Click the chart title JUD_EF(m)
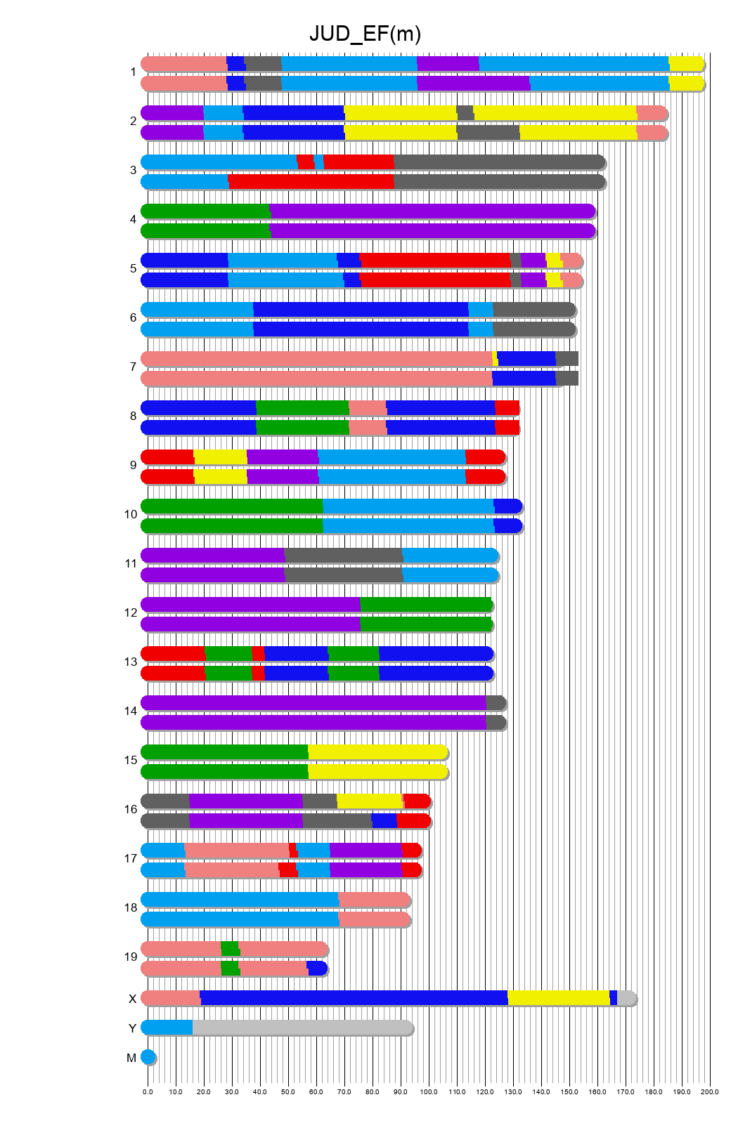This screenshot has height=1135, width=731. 365,34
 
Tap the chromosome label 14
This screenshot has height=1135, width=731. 131,711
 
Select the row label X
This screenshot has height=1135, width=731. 132,999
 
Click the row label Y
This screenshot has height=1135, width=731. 132,1029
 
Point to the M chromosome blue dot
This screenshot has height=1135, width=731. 148,1057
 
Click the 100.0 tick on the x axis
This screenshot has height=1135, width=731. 429,1092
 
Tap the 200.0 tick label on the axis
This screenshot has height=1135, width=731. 709,1092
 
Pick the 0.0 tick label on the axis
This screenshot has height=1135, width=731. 148,1092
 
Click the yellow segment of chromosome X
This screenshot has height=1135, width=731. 558,998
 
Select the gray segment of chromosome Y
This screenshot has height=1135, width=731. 302,1028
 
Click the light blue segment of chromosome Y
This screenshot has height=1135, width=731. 167,1028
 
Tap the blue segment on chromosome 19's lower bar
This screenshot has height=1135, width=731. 317,969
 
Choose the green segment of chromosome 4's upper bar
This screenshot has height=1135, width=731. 205,211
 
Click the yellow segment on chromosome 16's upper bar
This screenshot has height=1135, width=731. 369,801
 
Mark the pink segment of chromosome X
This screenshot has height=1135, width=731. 171,998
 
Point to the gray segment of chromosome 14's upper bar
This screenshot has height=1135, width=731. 496,703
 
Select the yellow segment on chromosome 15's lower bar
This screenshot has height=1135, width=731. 377,772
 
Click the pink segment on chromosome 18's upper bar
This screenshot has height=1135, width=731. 374,900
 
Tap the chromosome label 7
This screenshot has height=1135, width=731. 133,367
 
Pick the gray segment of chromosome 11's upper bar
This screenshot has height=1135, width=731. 343,556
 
